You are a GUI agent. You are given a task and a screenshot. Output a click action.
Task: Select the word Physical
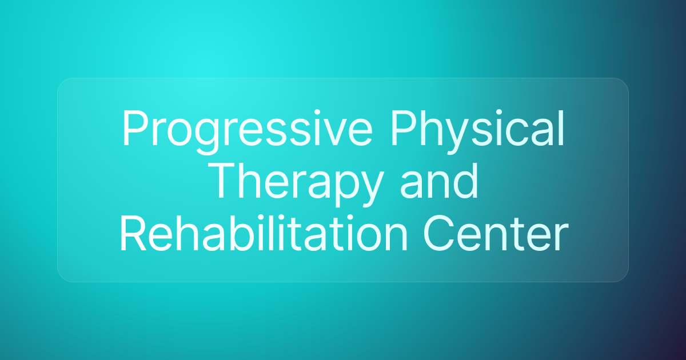pyautogui.click(x=477, y=130)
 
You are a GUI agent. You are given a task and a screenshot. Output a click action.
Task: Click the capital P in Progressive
pyautogui.click(x=133, y=130)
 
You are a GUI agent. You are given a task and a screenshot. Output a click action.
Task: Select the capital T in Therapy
pyautogui.click(x=223, y=182)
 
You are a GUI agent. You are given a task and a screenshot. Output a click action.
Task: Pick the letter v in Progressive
pyautogui.click(x=342, y=133)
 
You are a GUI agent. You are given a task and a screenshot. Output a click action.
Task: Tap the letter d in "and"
pyautogui.click(x=465, y=182)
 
